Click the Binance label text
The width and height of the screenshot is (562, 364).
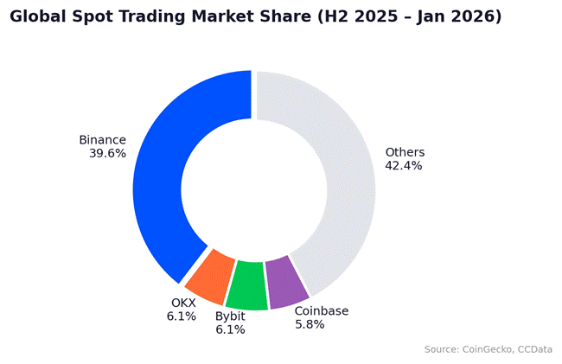[102, 140]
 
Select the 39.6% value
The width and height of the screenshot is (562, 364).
[107, 153]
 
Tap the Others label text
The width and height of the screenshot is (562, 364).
[405, 153]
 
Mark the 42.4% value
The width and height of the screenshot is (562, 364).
[404, 166]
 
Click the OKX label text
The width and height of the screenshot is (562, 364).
[183, 303]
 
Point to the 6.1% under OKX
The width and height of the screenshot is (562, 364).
[182, 316]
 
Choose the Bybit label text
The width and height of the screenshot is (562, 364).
[230, 316]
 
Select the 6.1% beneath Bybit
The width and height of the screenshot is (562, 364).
[230, 329]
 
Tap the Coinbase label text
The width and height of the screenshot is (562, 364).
[321, 311]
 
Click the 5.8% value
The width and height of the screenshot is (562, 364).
[310, 324]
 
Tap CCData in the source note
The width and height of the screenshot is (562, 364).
[535, 349]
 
